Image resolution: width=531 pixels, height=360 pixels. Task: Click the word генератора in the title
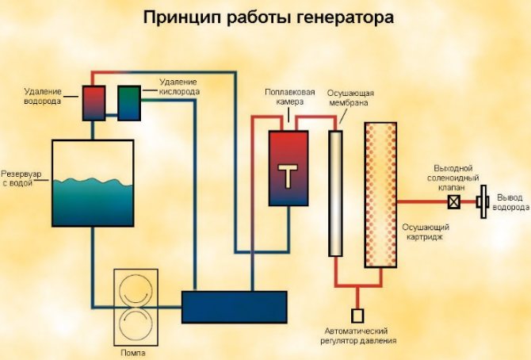coord(346,17)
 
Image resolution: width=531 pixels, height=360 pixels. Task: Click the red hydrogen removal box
coord(94,103)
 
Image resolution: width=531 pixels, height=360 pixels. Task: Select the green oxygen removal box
coord(129,103)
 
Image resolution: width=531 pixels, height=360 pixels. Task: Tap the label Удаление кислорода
coord(179,86)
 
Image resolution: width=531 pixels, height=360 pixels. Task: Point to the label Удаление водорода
coord(43,96)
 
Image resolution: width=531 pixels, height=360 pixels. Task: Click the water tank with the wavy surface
coord(93,183)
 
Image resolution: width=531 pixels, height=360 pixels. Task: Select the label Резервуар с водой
coord(21,178)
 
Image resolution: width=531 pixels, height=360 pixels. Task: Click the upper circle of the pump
coord(136,289)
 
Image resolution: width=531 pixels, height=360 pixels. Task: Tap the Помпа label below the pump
coord(133,353)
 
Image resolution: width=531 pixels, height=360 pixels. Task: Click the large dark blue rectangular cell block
coord(235,307)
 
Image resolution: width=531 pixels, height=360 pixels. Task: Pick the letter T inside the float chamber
coord(288,176)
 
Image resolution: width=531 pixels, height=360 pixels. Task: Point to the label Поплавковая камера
coord(290,97)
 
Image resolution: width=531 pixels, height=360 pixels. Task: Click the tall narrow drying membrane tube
coord(335,193)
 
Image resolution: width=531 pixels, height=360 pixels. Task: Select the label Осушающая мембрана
coord(350,98)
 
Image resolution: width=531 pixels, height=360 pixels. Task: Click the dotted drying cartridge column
coord(380,195)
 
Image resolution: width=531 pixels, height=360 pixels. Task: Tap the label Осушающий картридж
coord(426,232)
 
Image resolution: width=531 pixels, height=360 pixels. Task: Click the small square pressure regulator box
coord(357,316)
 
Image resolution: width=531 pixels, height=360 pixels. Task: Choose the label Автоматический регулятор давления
coord(358,335)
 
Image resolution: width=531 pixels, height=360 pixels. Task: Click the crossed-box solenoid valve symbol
coord(454,201)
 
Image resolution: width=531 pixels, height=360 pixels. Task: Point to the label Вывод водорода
coord(510,202)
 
